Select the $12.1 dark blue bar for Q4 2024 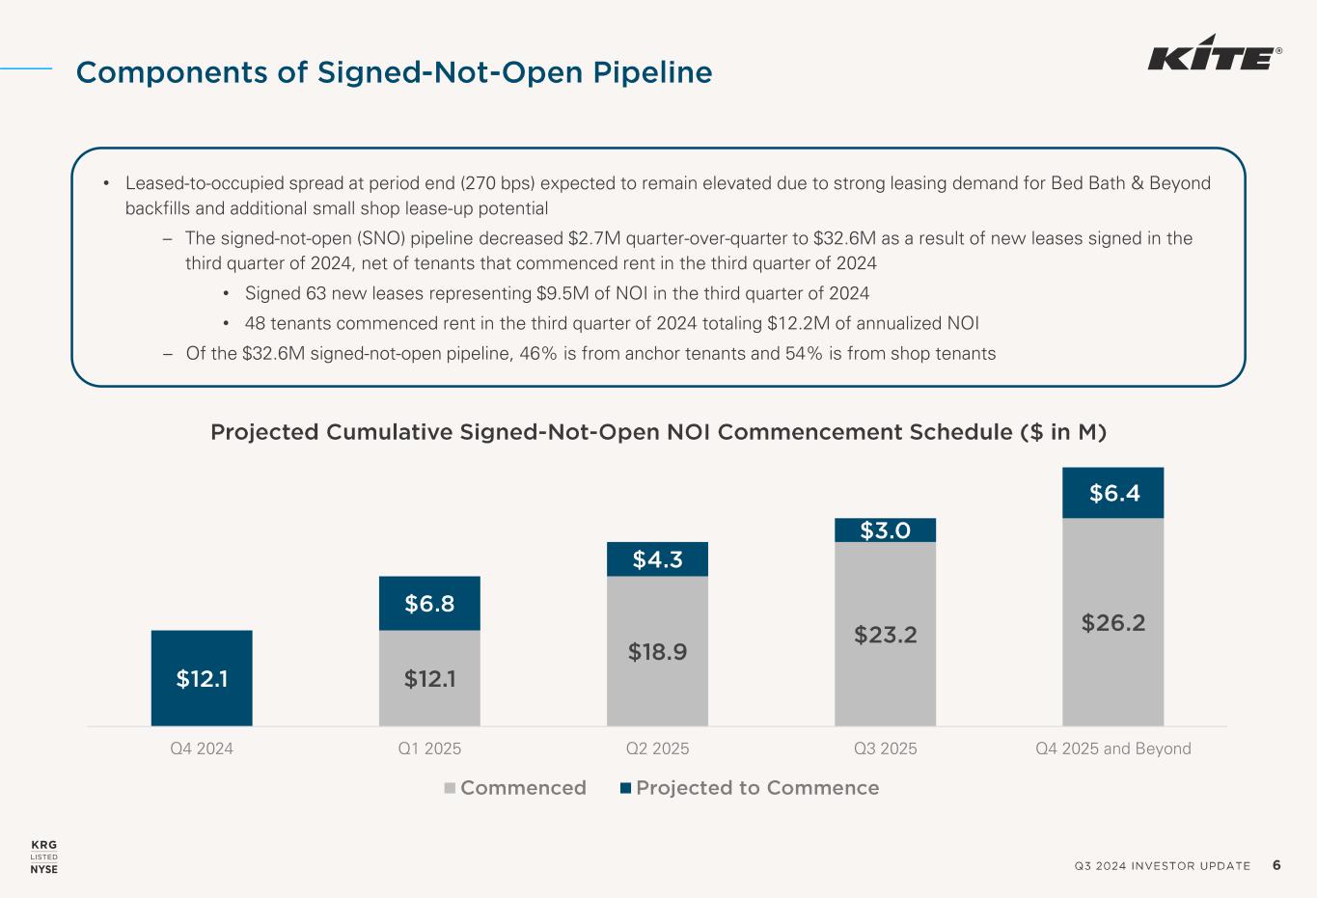202,678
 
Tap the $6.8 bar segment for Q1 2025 429,604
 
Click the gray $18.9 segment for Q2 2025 657,651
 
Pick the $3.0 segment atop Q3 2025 885,530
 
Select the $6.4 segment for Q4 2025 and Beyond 1113,493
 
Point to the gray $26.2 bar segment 1113,622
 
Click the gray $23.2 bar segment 885,634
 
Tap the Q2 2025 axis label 657,748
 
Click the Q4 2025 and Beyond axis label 1112,748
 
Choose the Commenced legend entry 515,788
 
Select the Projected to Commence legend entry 750,788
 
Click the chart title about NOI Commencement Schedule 658,432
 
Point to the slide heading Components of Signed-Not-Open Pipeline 394,72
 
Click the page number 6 1276,865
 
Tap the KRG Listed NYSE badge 44,857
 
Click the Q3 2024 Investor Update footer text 1162,866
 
